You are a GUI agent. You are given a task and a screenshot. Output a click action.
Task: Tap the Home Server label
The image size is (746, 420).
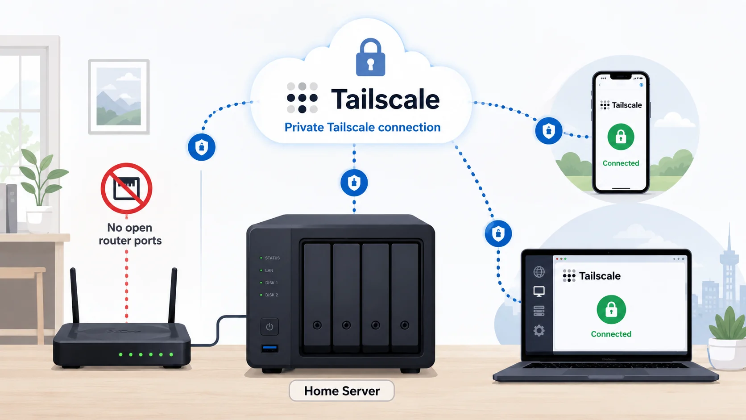tap(342, 391)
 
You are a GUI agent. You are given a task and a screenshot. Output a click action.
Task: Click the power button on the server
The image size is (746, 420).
tap(269, 326)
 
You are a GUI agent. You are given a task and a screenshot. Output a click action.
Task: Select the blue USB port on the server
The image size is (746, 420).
tap(269, 349)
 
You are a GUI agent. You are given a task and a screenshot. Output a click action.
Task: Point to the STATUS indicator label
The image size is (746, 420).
tap(273, 258)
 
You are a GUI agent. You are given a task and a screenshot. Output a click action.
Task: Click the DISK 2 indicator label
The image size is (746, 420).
tap(271, 295)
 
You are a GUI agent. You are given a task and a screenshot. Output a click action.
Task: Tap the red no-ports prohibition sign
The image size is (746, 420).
tap(127, 188)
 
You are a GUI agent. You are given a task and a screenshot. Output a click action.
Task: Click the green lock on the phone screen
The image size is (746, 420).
tap(621, 137)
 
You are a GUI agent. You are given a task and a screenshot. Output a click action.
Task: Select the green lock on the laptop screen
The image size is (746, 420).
tap(611, 309)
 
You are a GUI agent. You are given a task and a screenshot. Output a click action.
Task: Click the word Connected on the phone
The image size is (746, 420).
tap(621, 163)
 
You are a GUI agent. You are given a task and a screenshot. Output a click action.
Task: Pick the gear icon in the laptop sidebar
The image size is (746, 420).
tap(539, 331)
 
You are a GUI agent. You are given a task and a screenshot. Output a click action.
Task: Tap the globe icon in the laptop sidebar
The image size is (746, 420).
tap(539, 272)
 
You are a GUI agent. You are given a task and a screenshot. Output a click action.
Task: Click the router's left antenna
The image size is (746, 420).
tap(74, 295)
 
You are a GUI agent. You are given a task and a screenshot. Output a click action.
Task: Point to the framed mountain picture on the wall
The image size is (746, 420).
tap(119, 97)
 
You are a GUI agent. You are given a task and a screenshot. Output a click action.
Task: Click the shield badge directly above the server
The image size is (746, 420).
tap(354, 183)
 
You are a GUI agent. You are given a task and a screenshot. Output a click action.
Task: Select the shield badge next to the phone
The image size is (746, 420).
tap(548, 131)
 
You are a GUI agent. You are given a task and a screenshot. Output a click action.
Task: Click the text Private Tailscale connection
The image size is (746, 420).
tap(362, 127)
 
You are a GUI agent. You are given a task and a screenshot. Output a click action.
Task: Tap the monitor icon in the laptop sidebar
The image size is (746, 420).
tap(539, 291)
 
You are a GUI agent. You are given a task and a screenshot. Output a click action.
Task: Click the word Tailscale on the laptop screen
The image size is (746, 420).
tap(600, 276)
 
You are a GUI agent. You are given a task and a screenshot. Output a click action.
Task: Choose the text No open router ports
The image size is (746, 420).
tap(130, 234)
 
